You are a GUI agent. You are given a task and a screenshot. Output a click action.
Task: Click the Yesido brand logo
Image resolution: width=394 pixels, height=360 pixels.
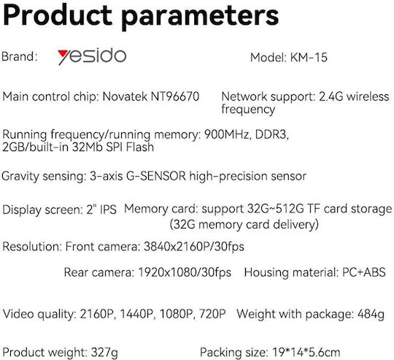click(x=92, y=56)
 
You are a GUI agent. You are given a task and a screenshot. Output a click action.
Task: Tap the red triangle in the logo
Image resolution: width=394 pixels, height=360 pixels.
click(x=63, y=53)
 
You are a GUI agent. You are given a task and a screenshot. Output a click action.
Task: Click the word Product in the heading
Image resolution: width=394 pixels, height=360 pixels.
click(x=58, y=15)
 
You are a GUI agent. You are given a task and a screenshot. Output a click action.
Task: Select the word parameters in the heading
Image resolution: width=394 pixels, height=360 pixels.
click(x=200, y=18)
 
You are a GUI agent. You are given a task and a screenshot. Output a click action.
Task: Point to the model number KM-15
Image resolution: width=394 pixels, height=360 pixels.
click(x=309, y=58)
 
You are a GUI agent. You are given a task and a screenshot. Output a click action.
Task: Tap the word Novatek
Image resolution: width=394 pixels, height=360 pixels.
click(x=125, y=96)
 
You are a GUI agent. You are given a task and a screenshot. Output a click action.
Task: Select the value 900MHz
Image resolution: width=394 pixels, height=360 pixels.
click(x=227, y=134)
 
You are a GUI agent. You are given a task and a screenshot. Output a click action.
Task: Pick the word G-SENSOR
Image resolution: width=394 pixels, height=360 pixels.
click(x=156, y=176)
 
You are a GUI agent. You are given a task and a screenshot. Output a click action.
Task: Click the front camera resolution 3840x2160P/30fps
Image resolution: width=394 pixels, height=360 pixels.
click(x=194, y=246)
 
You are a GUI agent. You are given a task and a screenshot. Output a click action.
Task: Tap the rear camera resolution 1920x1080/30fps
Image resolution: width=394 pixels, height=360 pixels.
click(x=185, y=272)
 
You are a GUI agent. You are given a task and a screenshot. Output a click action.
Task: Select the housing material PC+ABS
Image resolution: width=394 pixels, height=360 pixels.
click(x=364, y=272)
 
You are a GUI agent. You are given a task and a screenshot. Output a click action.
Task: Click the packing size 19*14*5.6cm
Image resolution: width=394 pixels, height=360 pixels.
click(x=306, y=353)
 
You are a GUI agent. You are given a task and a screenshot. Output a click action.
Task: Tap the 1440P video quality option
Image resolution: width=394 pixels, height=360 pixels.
click(x=137, y=314)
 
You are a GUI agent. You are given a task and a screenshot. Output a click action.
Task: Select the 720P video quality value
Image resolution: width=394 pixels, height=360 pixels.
click(x=212, y=314)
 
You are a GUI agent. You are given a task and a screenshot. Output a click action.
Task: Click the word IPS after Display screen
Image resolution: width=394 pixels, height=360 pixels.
click(x=108, y=210)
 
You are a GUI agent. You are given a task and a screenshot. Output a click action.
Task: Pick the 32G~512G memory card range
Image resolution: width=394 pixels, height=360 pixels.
click(x=275, y=209)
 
